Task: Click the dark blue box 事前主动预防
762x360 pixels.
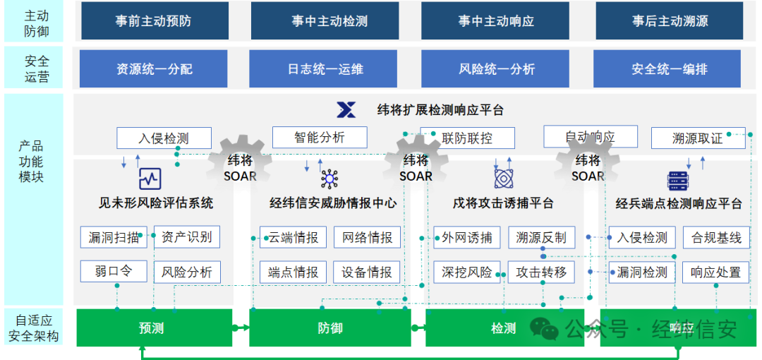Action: (154, 20)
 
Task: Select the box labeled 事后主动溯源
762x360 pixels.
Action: (670, 20)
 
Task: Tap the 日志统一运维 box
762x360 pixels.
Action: (325, 68)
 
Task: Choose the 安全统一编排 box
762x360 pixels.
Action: (670, 68)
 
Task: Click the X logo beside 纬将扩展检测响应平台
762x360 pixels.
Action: (346, 109)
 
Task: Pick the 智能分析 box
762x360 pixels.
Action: (320, 137)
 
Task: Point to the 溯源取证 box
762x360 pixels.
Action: (697, 138)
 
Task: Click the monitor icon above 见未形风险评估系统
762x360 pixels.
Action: (150, 179)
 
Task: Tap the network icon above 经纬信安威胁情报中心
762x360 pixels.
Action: (329, 179)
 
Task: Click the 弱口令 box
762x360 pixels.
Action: (113, 271)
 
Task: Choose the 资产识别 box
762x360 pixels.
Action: (186, 237)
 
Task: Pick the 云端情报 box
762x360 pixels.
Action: (293, 237)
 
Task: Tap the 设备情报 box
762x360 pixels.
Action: (367, 272)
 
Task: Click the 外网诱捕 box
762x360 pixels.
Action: (466, 237)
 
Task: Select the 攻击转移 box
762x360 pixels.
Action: (541, 272)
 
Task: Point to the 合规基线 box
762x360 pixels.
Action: (716, 237)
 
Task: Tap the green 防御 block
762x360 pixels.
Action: (329, 328)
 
